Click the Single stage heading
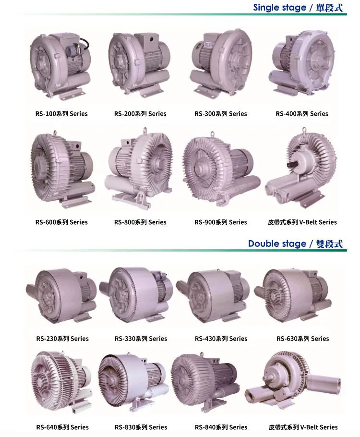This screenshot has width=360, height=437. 298,8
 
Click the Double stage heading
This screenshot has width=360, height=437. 295,243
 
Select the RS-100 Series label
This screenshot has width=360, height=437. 61,114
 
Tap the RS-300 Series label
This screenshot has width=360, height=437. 221,114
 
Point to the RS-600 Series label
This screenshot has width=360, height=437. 61,222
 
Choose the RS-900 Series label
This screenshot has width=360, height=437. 221,222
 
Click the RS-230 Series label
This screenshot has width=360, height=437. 62,339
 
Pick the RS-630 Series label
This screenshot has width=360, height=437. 302,339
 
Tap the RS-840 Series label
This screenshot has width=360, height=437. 221,427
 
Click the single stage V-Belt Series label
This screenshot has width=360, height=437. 302,222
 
